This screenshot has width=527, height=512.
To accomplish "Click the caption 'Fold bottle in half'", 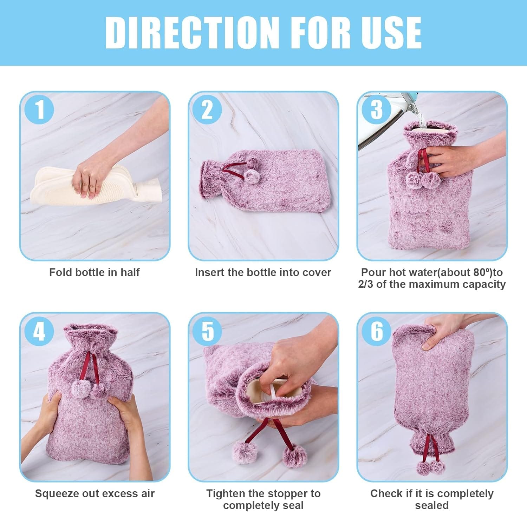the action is tap(95, 272).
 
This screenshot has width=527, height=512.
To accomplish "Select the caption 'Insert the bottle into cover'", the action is tap(263, 272).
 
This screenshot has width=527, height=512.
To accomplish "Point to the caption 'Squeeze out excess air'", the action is tap(95, 494).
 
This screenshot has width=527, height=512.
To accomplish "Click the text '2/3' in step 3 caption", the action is tap(366, 284).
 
